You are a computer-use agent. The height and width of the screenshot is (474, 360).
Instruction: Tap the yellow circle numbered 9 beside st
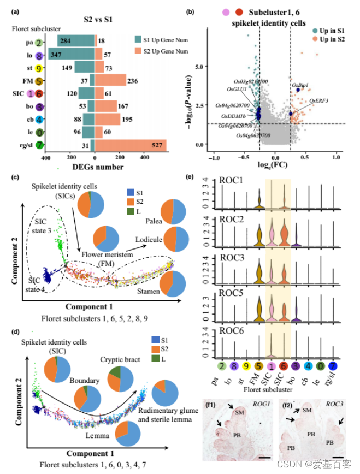(39, 69)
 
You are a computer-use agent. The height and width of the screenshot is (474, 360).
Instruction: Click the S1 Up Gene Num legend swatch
(139, 40)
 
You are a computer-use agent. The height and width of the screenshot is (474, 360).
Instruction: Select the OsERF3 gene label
(318, 101)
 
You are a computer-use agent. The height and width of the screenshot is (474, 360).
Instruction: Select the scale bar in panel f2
(337, 457)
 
